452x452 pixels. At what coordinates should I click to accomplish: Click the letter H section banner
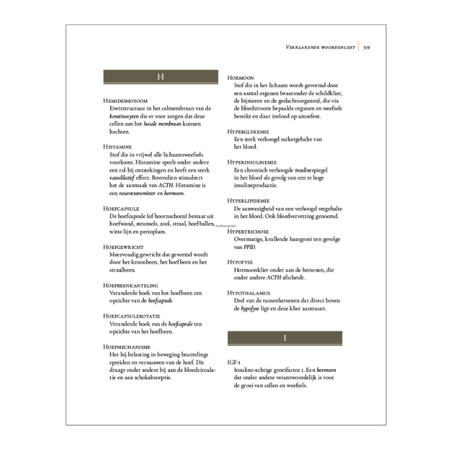(x=160, y=77)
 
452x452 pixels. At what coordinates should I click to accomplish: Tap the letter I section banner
(x=285, y=338)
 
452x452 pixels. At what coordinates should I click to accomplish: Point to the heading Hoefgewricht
(x=123, y=247)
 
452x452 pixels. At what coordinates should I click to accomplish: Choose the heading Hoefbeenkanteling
(x=130, y=285)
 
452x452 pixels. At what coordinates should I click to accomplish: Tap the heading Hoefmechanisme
(x=127, y=346)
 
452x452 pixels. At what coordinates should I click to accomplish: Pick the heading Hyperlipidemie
(x=252, y=200)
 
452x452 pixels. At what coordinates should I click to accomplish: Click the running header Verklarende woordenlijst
(x=318, y=48)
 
